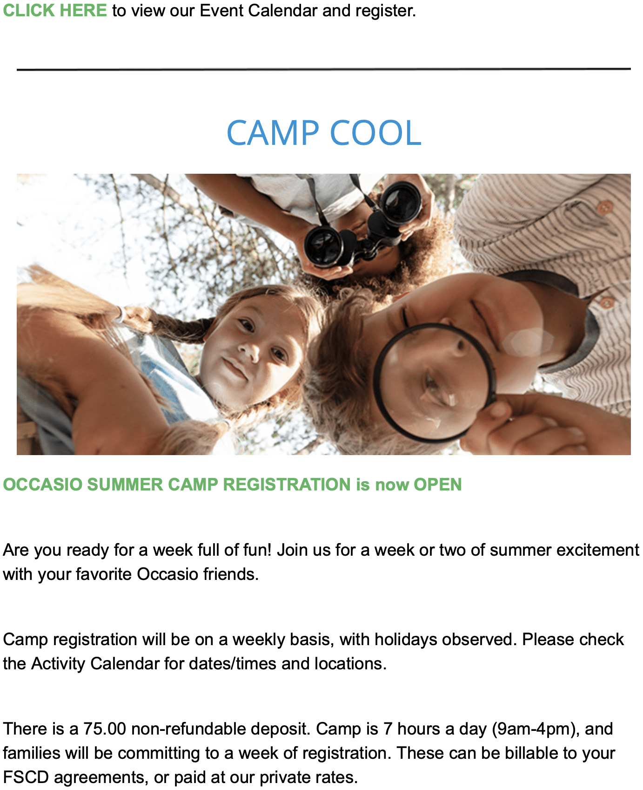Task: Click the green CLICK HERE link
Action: pos(55,10)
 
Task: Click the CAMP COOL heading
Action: pos(324,133)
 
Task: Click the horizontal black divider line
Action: pos(324,69)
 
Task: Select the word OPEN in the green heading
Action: pos(438,484)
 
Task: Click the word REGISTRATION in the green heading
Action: pos(287,484)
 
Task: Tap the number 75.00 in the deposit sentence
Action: pos(105,729)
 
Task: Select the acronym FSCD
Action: pos(26,777)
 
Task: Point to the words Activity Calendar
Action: pos(95,664)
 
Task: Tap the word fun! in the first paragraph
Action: pos(257,550)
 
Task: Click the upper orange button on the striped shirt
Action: pos(604,207)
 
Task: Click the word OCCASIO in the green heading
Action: pos(42,484)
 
